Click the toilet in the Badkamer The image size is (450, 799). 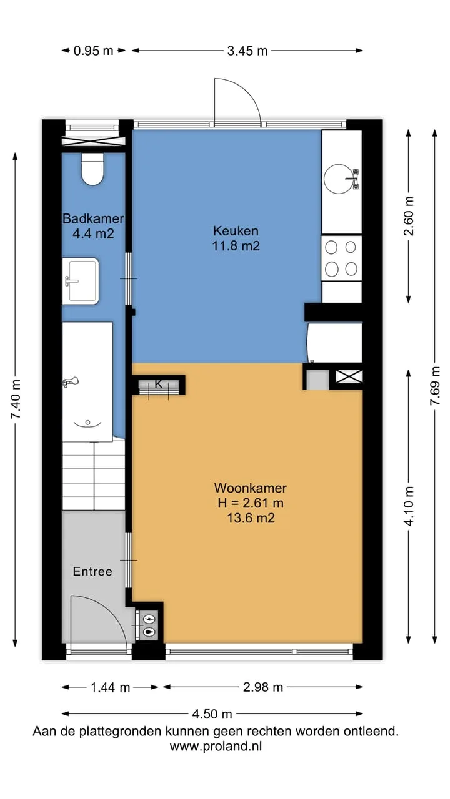[x=92, y=169]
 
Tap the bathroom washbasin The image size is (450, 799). [x=81, y=281]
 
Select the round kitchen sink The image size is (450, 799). [x=341, y=179]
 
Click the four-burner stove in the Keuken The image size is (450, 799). [x=341, y=258]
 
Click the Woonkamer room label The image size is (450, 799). [x=251, y=488]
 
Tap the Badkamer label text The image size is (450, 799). [x=93, y=218]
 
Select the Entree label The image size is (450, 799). [x=92, y=571]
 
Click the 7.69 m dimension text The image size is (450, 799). [x=435, y=386]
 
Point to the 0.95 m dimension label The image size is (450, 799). [x=93, y=51]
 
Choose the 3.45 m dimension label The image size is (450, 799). [x=247, y=51]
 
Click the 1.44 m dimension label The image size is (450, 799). [x=111, y=687]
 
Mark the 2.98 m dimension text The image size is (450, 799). [x=263, y=687]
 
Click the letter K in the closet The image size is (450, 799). [x=159, y=384]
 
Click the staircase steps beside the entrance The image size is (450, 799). [x=94, y=476]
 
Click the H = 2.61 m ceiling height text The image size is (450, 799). [x=251, y=503]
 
